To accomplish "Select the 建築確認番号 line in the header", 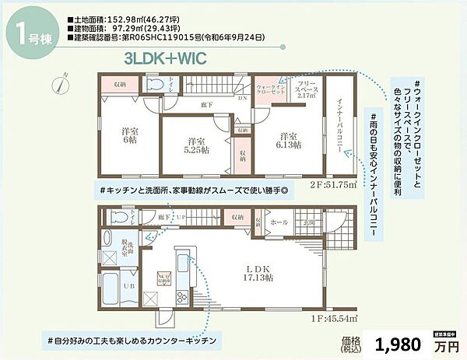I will coord(168,37).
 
